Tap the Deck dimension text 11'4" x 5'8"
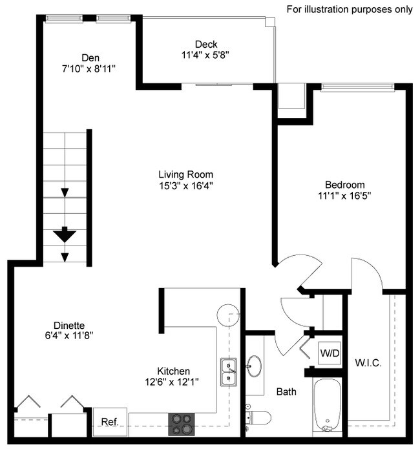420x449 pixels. (205, 56)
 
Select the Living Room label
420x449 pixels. (185, 174)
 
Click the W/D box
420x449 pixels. (328, 353)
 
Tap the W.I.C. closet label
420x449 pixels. (368, 363)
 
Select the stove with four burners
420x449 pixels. (182, 424)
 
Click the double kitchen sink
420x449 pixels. (229, 371)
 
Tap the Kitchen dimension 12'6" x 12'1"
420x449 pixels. (173, 382)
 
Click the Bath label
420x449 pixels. (286, 392)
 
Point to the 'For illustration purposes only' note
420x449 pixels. (349, 9)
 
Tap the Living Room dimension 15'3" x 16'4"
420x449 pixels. (185, 185)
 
